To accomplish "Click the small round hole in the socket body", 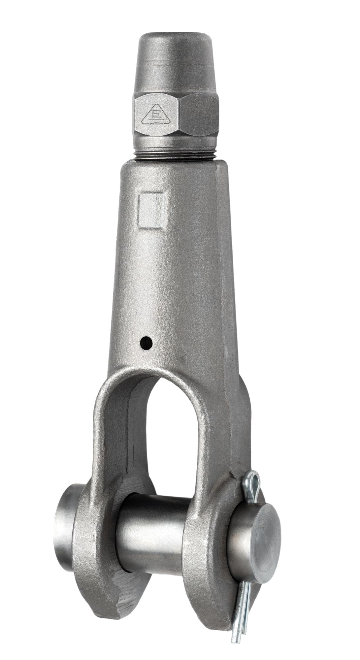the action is point(146,343).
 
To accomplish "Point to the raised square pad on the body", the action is point(151,211).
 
